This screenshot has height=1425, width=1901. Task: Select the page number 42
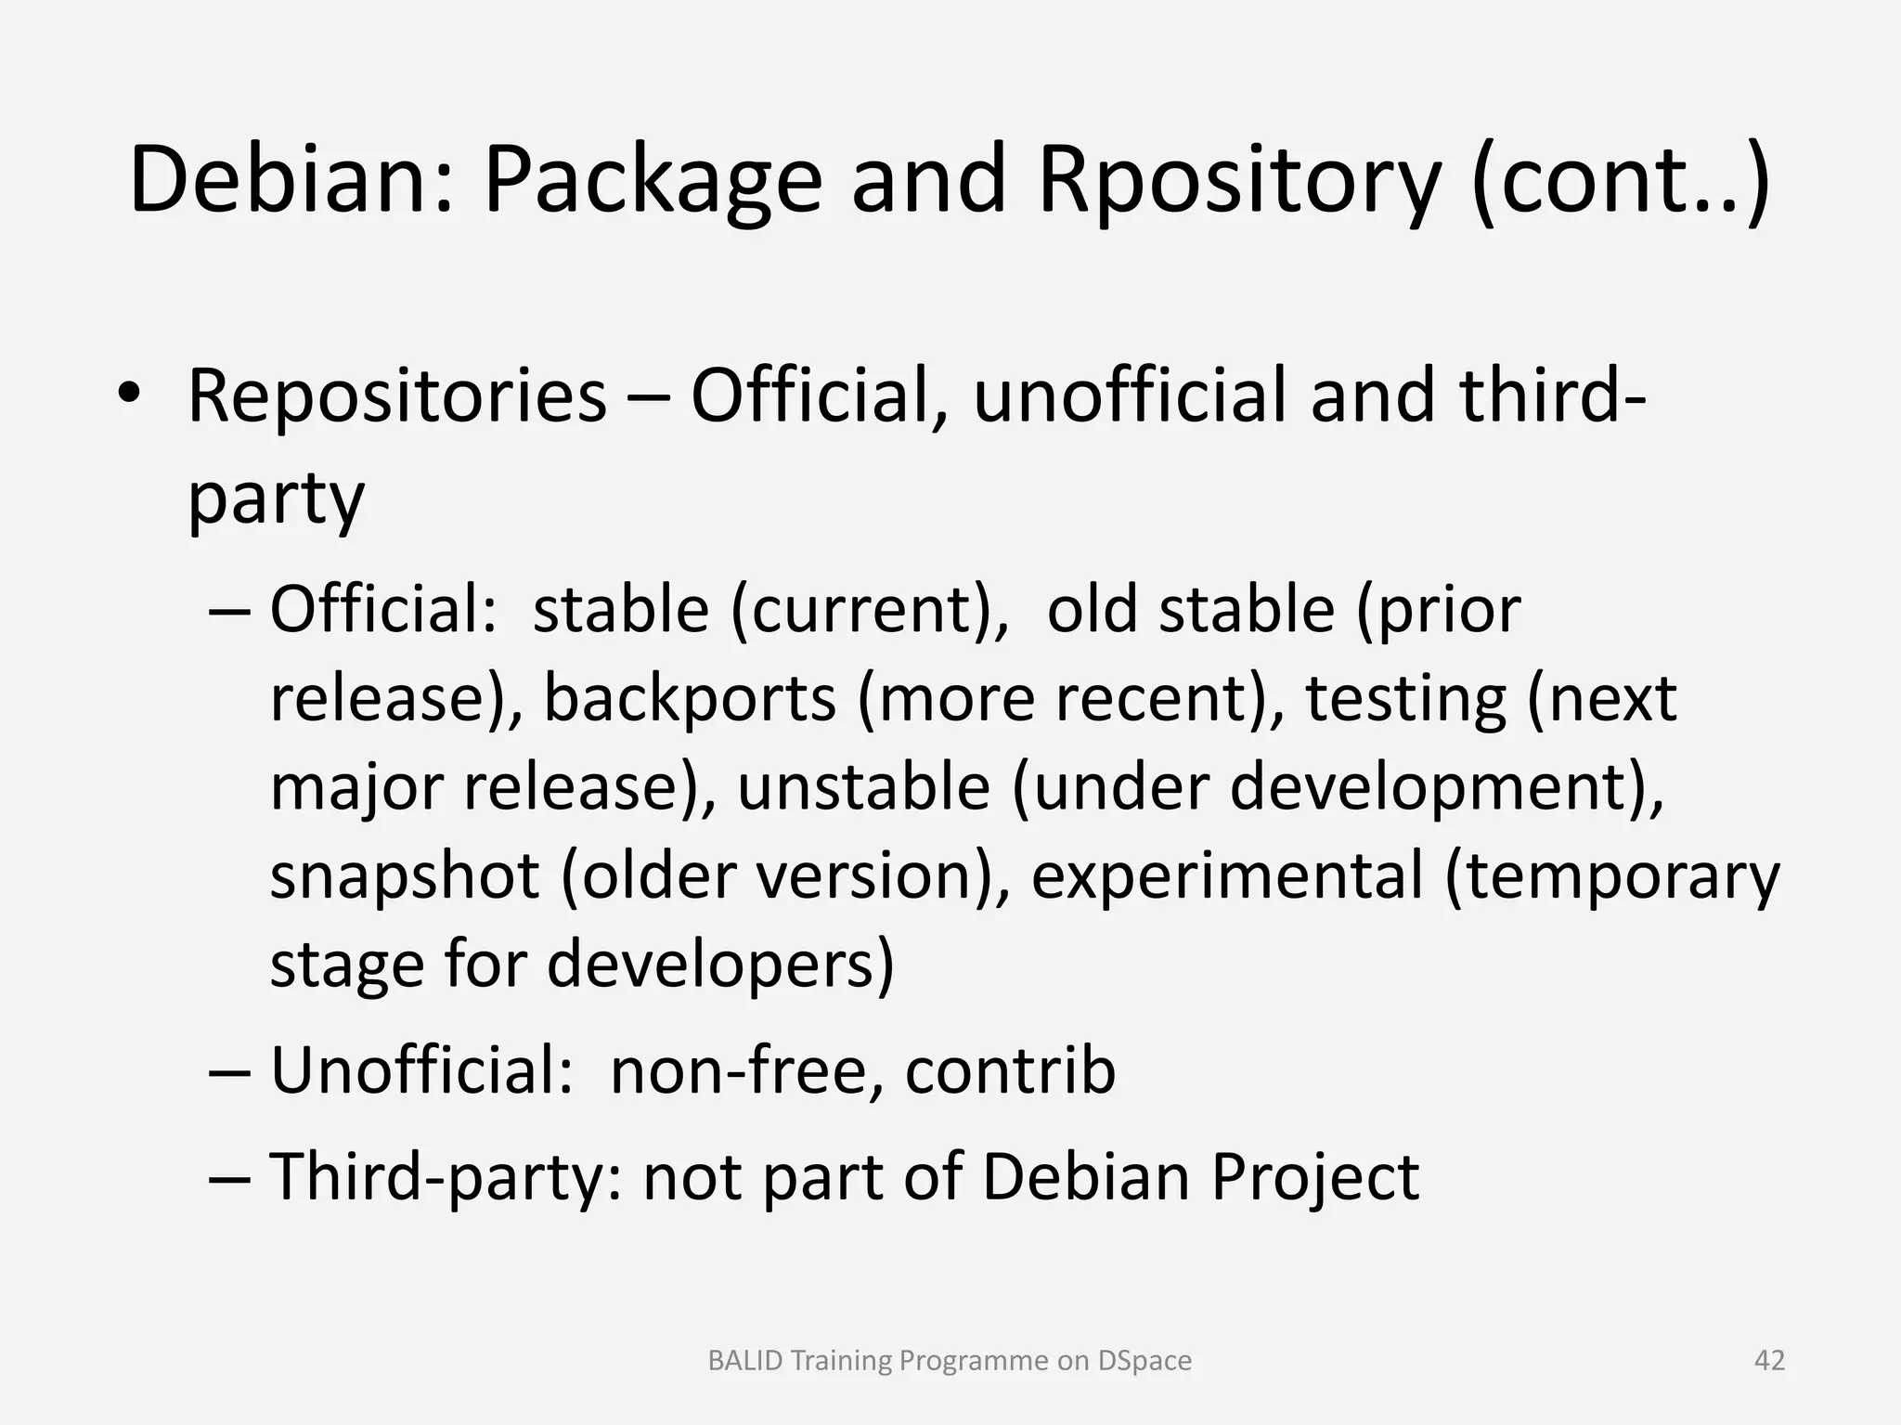click(1769, 1360)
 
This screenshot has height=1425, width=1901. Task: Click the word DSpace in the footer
click(1144, 1360)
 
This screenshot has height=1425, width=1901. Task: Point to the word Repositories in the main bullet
click(396, 397)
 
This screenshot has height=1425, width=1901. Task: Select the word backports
click(690, 698)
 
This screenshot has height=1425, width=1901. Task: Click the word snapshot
click(405, 875)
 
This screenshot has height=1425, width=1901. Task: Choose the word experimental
click(1226, 875)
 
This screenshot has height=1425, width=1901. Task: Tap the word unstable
click(863, 787)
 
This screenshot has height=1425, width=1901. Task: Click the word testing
click(1405, 698)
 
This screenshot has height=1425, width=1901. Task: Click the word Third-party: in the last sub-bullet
click(445, 1177)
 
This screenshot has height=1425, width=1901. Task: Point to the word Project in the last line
click(1314, 1177)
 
